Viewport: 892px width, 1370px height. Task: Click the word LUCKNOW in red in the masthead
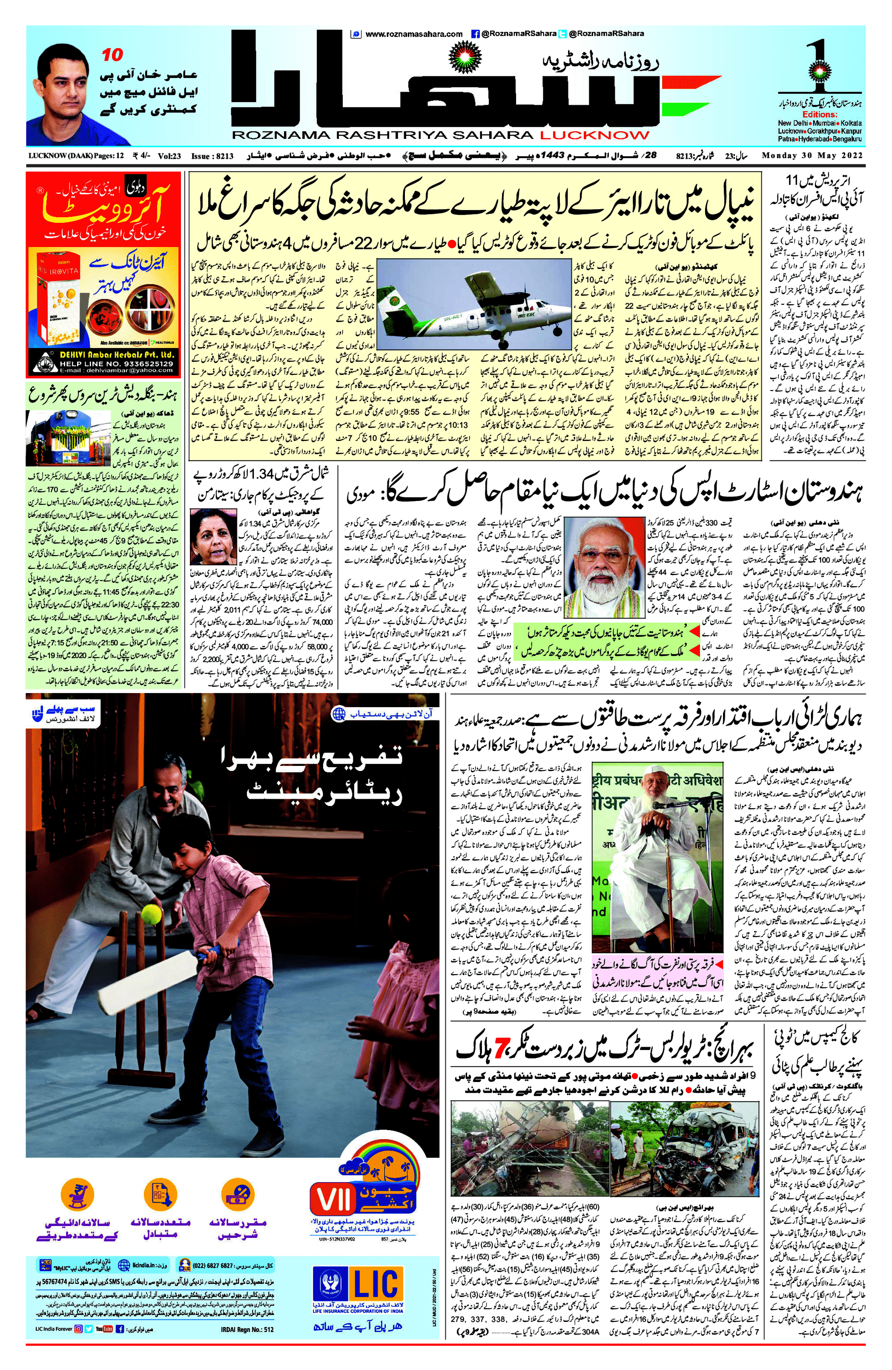[594, 135]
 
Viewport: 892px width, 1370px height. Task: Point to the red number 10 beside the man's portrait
[112, 55]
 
